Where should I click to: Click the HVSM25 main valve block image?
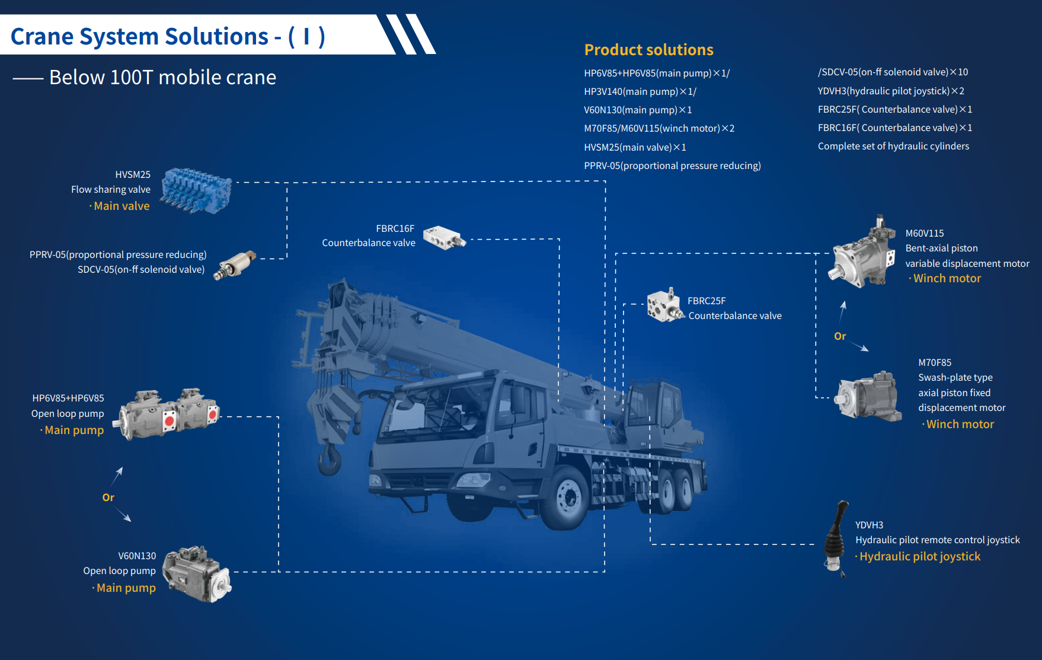196,190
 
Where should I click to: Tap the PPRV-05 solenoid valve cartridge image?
235,265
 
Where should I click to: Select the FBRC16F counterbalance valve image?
445,237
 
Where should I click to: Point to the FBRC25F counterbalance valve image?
665,305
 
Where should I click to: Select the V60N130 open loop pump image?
197,573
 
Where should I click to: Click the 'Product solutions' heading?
648,50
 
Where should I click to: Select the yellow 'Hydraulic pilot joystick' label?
919,557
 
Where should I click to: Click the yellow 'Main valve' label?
122,206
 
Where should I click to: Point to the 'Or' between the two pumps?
108,498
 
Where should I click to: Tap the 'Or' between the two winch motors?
840,336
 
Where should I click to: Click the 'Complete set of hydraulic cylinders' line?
893,146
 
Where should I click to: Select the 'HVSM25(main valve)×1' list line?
635,147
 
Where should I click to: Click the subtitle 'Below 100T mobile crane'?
162,78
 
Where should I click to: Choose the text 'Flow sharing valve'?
111,190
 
